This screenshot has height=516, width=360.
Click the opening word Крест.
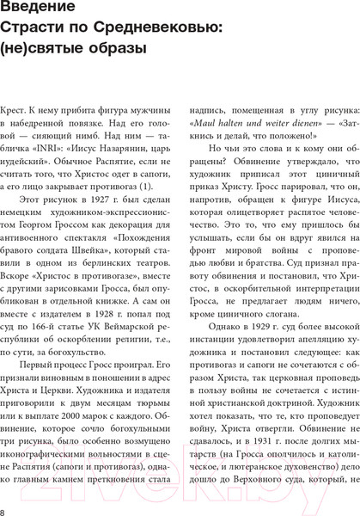click(15, 113)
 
